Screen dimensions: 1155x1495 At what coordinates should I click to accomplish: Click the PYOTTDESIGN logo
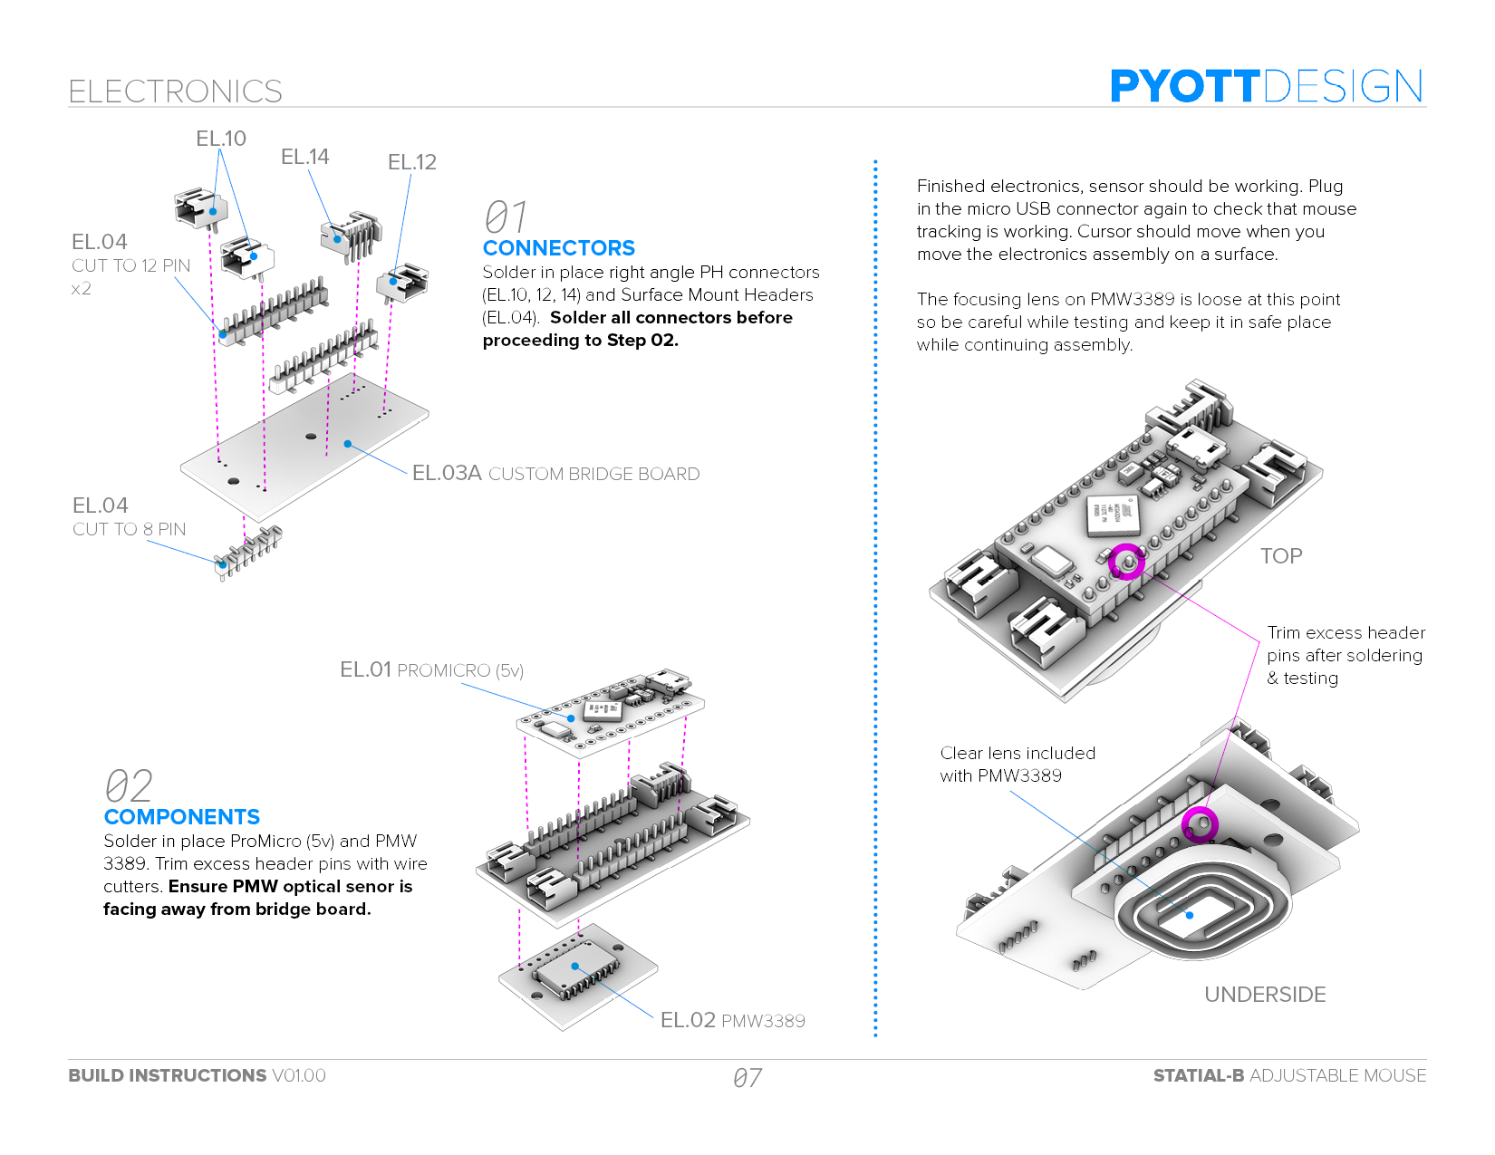pos(1266,87)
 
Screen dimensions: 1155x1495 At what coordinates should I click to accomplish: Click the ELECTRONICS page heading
pos(175,91)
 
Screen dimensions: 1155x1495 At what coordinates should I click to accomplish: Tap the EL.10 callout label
pos(221,139)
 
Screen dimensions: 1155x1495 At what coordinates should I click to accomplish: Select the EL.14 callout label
pos(304,157)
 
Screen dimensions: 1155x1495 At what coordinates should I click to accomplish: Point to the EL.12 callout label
pos(411,162)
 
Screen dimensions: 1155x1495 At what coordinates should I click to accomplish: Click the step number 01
pos(505,217)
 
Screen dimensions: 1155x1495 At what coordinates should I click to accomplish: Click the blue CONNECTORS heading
pos(558,248)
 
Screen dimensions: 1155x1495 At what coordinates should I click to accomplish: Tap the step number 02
pos(128,786)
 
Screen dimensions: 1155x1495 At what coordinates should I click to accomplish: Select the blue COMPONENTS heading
pos(181,817)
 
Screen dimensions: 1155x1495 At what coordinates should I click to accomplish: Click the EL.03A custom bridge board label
pos(555,474)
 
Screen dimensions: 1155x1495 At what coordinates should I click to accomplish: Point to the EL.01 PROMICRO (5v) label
pos(431,670)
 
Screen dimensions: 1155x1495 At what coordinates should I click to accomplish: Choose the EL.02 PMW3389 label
pos(732,1021)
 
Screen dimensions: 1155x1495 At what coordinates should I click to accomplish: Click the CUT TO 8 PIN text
pos(129,529)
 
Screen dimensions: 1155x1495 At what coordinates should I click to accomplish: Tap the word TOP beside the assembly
pos(1280,556)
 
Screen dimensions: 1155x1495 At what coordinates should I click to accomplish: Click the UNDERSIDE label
pos(1264,995)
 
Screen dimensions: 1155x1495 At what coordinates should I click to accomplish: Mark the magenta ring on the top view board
pos(1126,562)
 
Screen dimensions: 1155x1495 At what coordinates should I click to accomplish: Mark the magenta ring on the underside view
pos(1200,824)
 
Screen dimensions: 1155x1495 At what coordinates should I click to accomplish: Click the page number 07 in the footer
pos(747,1078)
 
